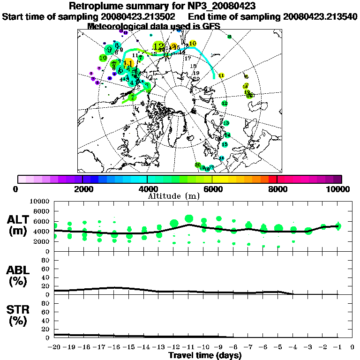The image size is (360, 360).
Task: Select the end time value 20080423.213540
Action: pos(320,16)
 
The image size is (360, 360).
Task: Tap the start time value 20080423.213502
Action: pos(140,16)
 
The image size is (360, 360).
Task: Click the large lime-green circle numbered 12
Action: pos(159,46)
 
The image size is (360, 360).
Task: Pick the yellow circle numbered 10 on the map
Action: pos(192,44)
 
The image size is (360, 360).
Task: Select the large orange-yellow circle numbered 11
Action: pos(127,63)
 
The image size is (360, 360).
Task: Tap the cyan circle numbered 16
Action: pos(222,158)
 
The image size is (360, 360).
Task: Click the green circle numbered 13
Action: pos(226,123)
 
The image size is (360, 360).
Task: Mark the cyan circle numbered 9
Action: pos(109,49)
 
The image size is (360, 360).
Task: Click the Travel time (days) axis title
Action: pos(205,355)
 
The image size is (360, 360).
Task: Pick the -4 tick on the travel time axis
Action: pos(293,347)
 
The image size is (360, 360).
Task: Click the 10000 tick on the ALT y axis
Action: pos(41,201)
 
